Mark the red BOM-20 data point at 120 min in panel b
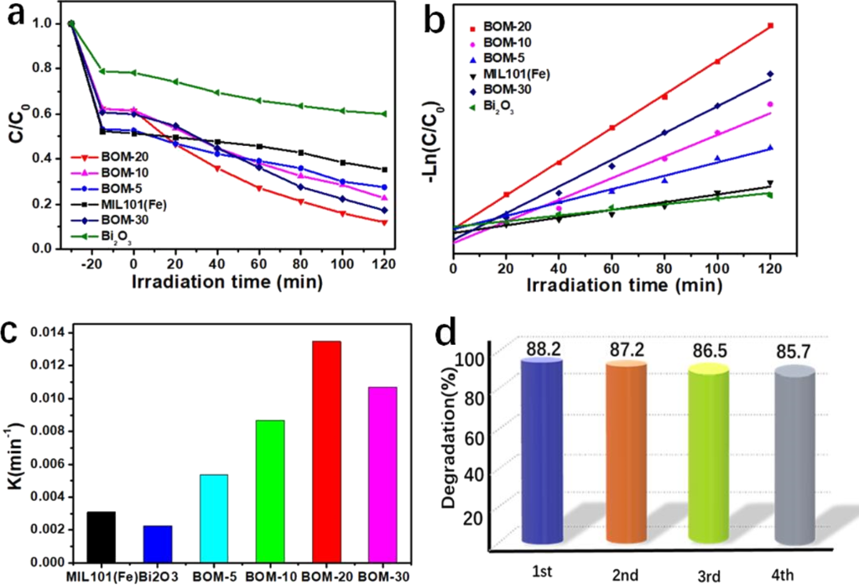click(x=770, y=25)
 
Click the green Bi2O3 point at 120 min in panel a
click(x=383, y=114)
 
